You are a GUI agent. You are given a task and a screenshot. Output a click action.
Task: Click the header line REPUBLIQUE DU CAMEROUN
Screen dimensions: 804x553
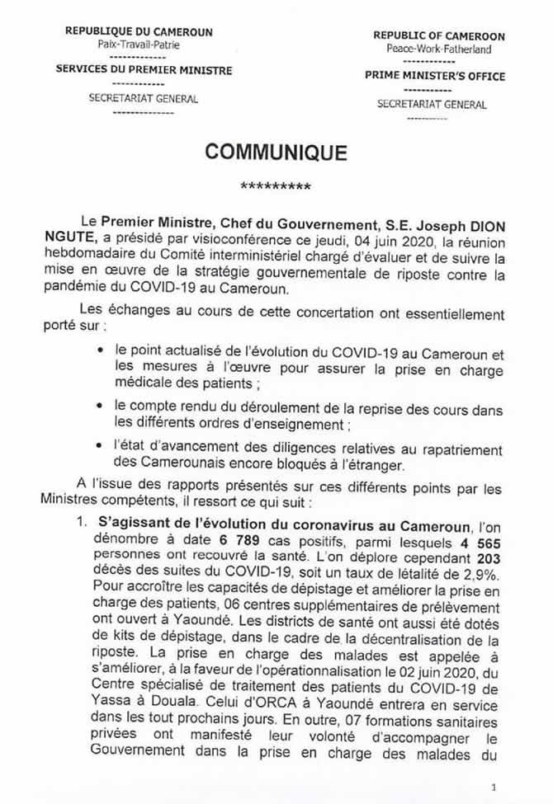point(138,32)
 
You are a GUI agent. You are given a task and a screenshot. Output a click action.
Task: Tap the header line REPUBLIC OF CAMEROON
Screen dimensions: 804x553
point(438,36)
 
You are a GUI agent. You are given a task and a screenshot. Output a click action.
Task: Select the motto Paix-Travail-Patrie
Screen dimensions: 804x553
point(138,45)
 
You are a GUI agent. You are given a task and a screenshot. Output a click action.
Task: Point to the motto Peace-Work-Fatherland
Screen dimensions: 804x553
point(438,49)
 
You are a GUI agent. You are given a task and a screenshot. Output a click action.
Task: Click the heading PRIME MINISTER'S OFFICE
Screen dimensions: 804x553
point(435,77)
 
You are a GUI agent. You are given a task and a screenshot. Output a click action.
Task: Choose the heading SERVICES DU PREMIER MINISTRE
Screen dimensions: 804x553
point(138,70)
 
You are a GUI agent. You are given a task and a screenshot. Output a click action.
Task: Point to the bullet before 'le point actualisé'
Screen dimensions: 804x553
point(100,350)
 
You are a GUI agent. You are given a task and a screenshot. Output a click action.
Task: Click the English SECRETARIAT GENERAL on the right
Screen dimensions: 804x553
point(432,105)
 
